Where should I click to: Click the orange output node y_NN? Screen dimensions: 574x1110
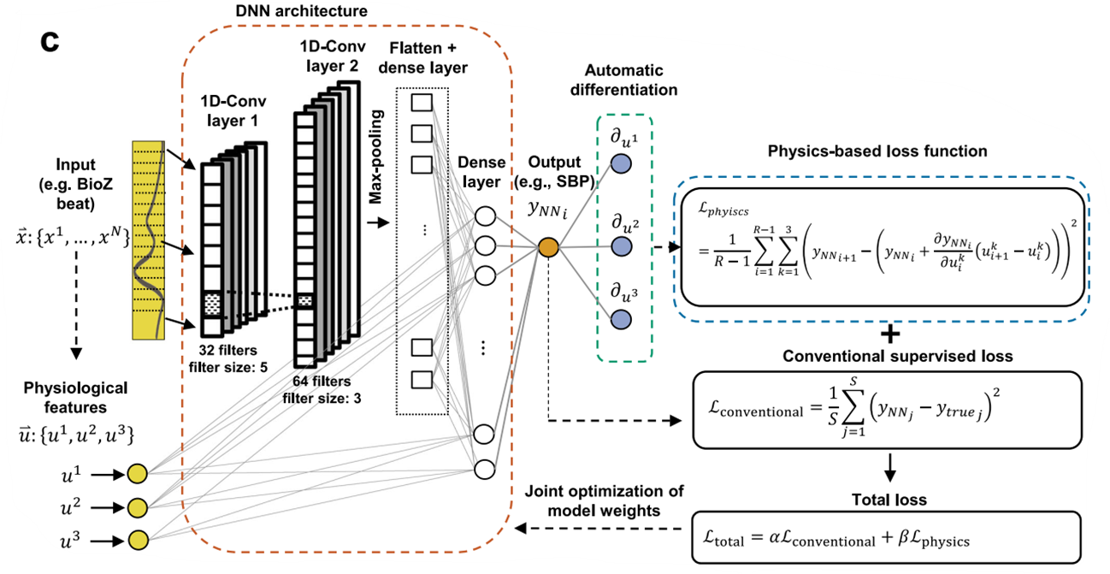point(547,248)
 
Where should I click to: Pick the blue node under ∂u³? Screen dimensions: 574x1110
point(622,319)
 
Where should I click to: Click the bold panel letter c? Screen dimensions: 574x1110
point(50,43)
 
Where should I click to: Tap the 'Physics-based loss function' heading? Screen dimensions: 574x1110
point(879,151)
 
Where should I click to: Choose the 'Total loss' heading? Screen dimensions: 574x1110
point(892,500)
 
